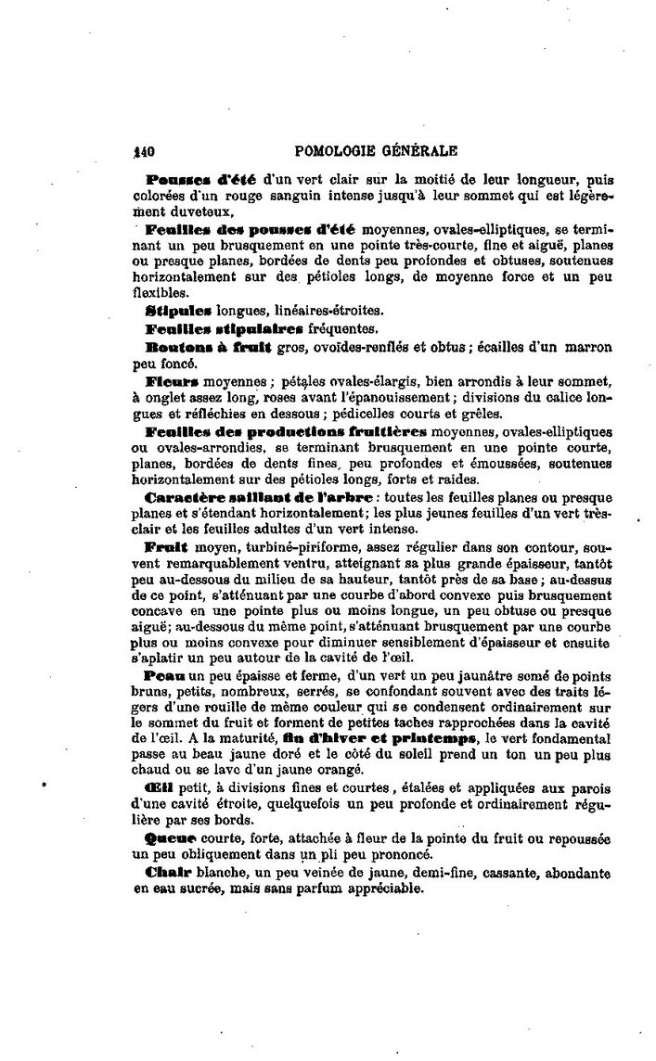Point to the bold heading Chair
166,873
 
